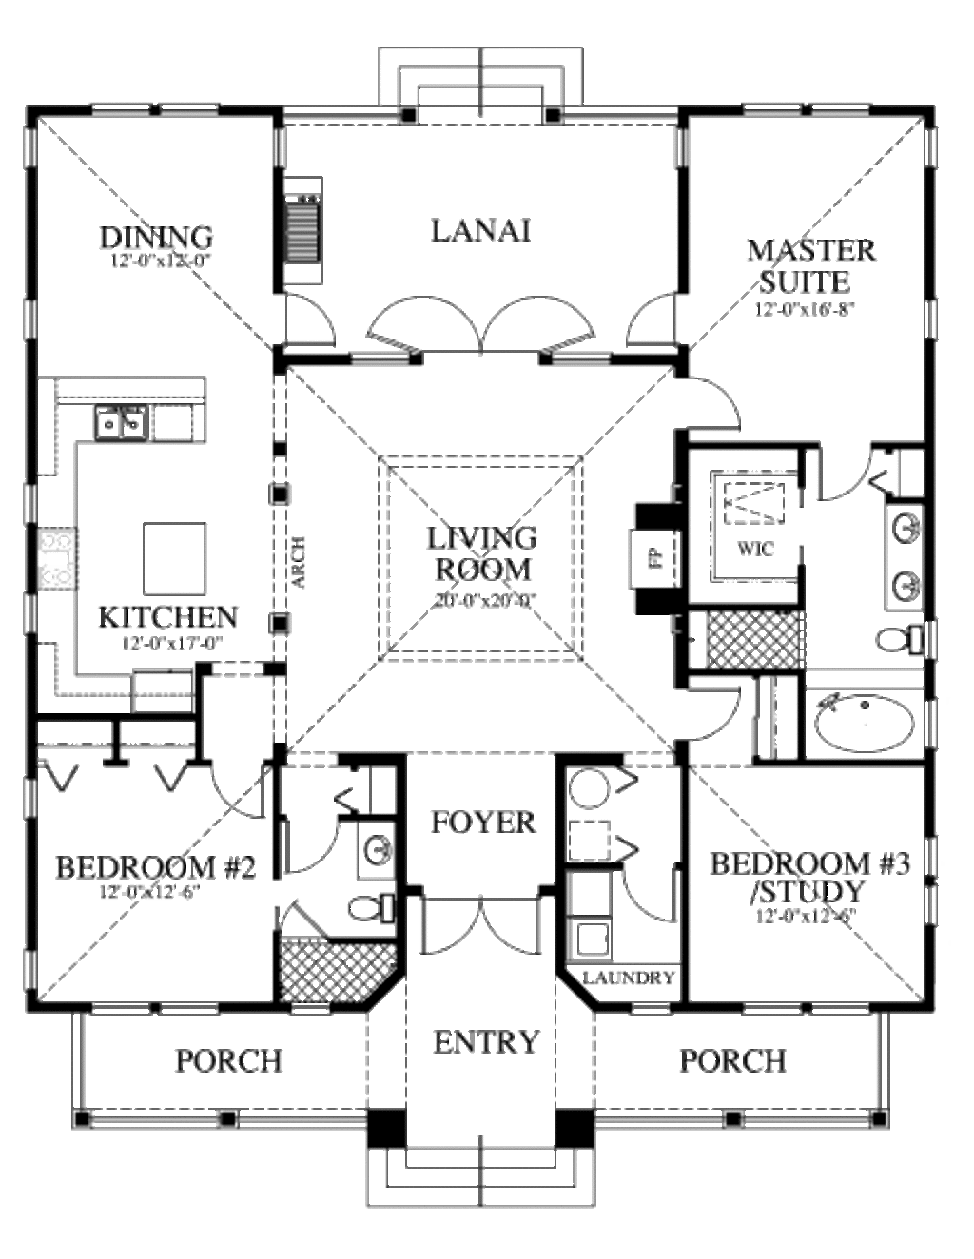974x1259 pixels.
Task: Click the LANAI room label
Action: coord(480,231)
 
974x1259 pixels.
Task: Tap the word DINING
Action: coord(156,237)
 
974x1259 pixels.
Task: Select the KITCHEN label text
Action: coord(168,617)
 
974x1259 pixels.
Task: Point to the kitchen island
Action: coord(175,556)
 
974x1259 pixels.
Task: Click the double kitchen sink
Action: coord(122,420)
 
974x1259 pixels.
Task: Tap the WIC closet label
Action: coord(755,549)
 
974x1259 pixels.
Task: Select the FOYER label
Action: coord(483,822)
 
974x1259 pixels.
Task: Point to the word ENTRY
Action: coord(486,1042)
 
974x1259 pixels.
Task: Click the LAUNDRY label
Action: coord(629,978)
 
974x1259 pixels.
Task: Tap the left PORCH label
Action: coord(228,1060)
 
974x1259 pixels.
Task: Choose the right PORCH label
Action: coord(732,1060)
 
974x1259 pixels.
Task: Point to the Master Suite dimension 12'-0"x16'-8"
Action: coord(800,309)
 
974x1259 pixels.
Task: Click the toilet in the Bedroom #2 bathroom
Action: coord(371,908)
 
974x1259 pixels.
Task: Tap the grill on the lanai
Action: coord(304,229)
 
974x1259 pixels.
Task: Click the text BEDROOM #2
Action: coord(156,867)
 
